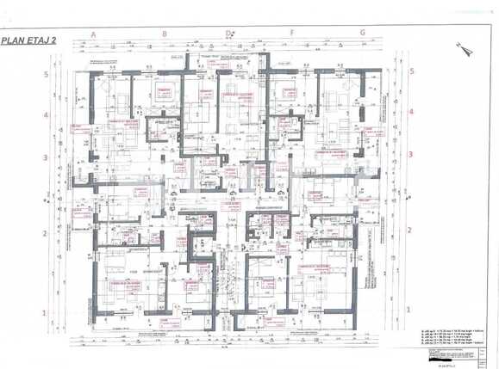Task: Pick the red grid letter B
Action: (164, 34)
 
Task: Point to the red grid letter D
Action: (228, 34)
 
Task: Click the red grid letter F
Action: (293, 34)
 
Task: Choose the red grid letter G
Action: (363, 34)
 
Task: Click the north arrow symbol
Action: (468, 50)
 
